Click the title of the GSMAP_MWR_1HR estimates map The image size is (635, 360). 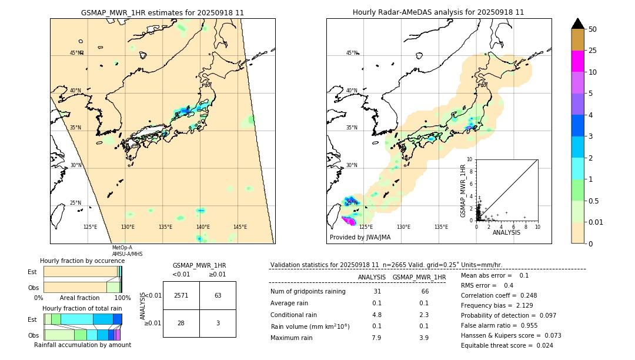[x=162, y=12]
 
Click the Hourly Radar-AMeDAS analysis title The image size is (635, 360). [x=438, y=12]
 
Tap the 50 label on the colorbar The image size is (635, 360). [x=593, y=29]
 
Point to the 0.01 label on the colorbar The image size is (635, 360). [x=596, y=222]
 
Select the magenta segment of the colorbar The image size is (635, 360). [x=577, y=61]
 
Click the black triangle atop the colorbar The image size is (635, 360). [x=577, y=24]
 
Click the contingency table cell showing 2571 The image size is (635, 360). [x=181, y=295]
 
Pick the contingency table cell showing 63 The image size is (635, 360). [x=218, y=295]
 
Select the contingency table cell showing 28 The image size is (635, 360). [x=181, y=323]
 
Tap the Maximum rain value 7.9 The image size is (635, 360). [x=376, y=338]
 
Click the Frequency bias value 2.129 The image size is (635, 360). [x=515, y=306]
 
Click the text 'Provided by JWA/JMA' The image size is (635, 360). [x=360, y=238]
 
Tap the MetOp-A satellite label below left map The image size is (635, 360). [x=122, y=248]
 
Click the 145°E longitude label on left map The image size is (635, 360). [x=240, y=227]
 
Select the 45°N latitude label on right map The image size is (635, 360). [x=352, y=54]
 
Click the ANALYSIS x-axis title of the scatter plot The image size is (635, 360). [x=506, y=232]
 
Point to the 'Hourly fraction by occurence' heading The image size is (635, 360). [x=82, y=261]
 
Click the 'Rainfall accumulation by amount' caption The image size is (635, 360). [x=82, y=345]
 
